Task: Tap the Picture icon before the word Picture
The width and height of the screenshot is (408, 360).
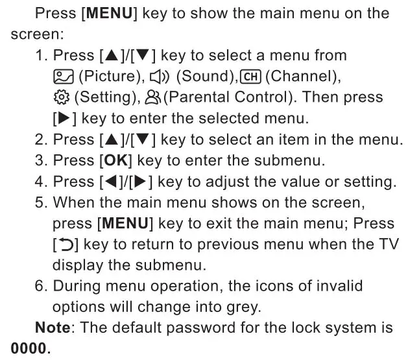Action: click(x=62, y=77)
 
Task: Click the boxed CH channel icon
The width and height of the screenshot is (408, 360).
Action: click(x=250, y=77)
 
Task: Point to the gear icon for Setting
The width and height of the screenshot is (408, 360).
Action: click(x=62, y=97)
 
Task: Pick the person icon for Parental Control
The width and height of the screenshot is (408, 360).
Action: click(x=153, y=97)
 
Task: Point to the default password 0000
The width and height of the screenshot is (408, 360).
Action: click(x=29, y=349)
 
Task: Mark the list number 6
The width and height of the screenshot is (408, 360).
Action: click(x=40, y=286)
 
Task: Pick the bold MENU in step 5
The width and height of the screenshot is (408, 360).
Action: click(x=124, y=223)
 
